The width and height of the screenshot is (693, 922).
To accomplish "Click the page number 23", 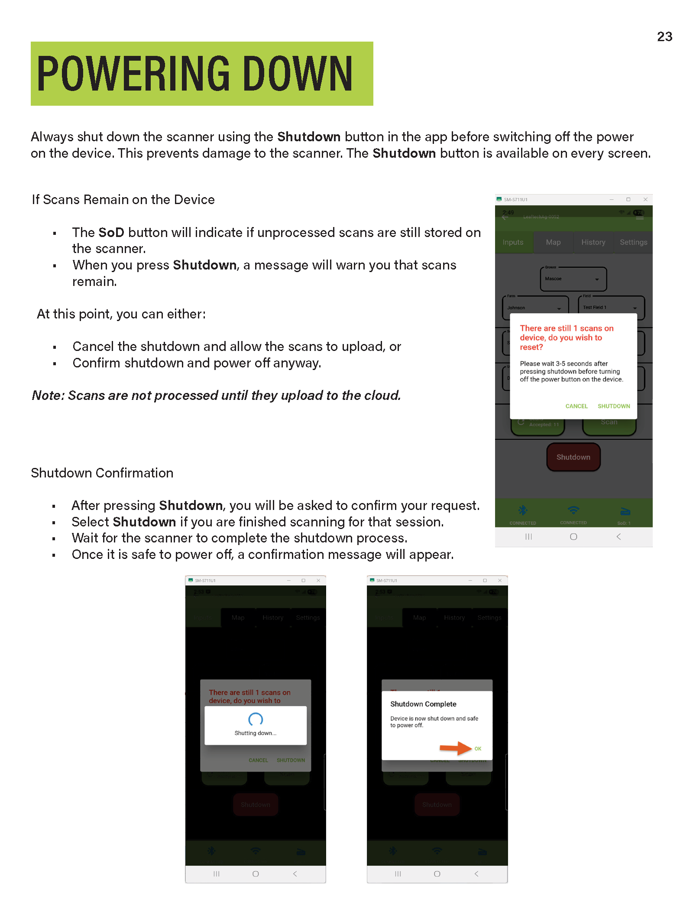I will click(664, 36).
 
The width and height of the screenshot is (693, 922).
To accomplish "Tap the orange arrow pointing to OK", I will click(455, 748).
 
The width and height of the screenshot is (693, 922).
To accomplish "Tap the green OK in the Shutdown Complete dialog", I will click(478, 749).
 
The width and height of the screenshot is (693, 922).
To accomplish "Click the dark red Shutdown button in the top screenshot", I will click(573, 457).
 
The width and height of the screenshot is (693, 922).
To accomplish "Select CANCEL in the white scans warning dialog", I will click(576, 406).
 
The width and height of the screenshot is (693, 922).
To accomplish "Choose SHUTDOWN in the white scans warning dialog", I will click(613, 406).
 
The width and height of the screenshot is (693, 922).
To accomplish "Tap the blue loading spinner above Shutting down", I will click(256, 720).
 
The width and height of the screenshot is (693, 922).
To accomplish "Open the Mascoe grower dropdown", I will click(573, 279).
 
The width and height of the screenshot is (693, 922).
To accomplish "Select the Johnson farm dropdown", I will click(535, 308).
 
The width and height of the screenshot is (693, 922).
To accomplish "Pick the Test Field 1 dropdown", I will click(611, 308).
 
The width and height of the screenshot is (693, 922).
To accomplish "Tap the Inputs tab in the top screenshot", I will click(513, 242).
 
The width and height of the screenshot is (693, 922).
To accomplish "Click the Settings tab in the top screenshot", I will click(633, 242).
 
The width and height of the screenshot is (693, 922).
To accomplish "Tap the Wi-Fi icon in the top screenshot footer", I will click(573, 510).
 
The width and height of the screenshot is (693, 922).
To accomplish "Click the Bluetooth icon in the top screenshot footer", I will click(523, 510).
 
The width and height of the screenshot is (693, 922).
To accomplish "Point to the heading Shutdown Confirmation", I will click(102, 473).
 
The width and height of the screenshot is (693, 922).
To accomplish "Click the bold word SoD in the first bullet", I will click(111, 233).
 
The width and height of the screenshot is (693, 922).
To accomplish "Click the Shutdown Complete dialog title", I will click(423, 704).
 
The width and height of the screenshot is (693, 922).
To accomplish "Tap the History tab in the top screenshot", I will click(593, 242).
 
